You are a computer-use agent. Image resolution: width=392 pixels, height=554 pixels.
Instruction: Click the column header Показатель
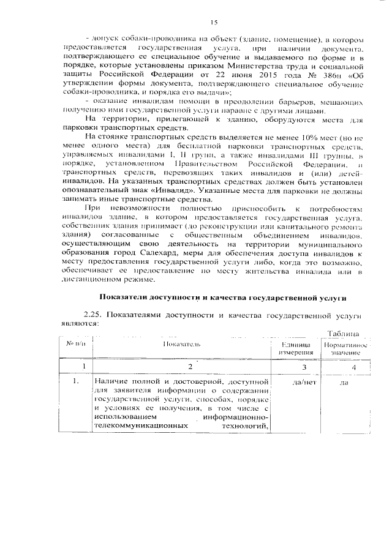[181, 346]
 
